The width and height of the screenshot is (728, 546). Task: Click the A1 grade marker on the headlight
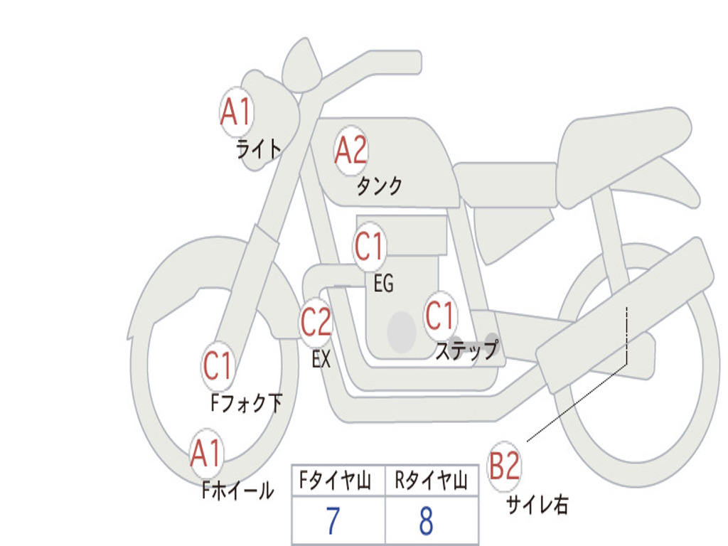click(x=237, y=112)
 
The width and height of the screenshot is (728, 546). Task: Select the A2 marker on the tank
click(x=350, y=150)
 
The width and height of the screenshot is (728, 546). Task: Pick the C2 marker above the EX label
click(x=316, y=323)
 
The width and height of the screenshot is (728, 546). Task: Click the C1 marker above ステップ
click(x=440, y=316)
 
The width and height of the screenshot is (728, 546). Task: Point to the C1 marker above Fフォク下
click(x=218, y=366)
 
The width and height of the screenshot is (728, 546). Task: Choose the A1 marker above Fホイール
click(x=206, y=453)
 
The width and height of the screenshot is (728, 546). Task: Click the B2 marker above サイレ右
click(x=505, y=466)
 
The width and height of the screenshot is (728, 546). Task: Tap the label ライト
click(x=259, y=149)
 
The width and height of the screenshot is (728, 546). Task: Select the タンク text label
click(x=379, y=186)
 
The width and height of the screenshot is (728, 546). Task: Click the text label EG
click(x=383, y=284)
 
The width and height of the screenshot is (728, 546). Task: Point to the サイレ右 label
click(x=537, y=505)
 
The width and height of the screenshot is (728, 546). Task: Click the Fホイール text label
click(x=237, y=491)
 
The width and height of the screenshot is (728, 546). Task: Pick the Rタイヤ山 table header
click(x=431, y=482)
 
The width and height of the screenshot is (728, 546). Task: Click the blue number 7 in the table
click(x=332, y=522)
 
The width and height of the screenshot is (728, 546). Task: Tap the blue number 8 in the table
click(x=426, y=522)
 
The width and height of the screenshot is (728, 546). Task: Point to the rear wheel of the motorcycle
click(x=700, y=398)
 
